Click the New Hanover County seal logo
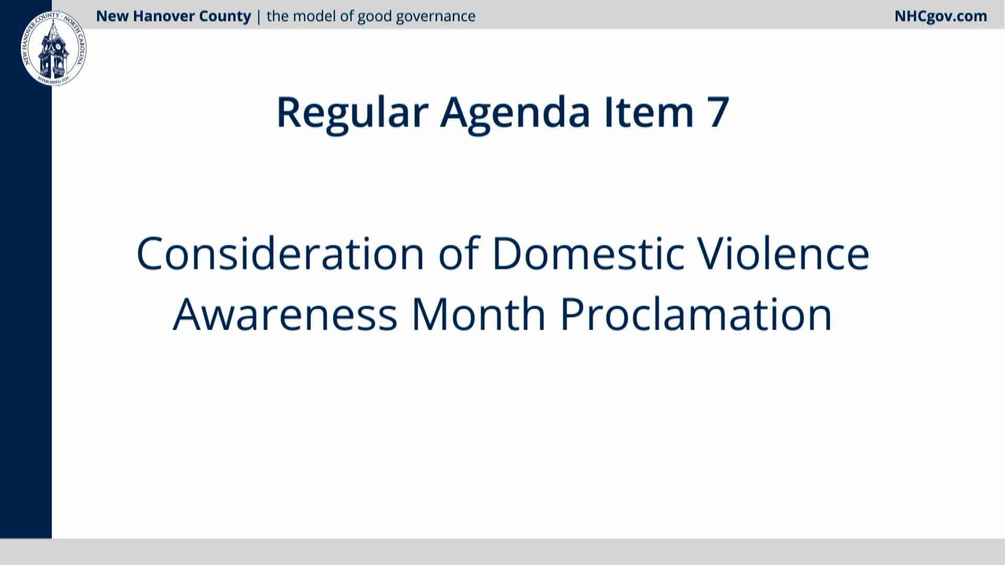tap(53, 49)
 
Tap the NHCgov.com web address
tap(941, 16)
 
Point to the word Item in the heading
tap(649, 112)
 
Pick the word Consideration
tap(280, 253)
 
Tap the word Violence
tap(784, 253)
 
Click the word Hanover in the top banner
tap(165, 16)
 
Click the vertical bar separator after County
tap(259, 17)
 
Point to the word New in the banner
tap(113, 16)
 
